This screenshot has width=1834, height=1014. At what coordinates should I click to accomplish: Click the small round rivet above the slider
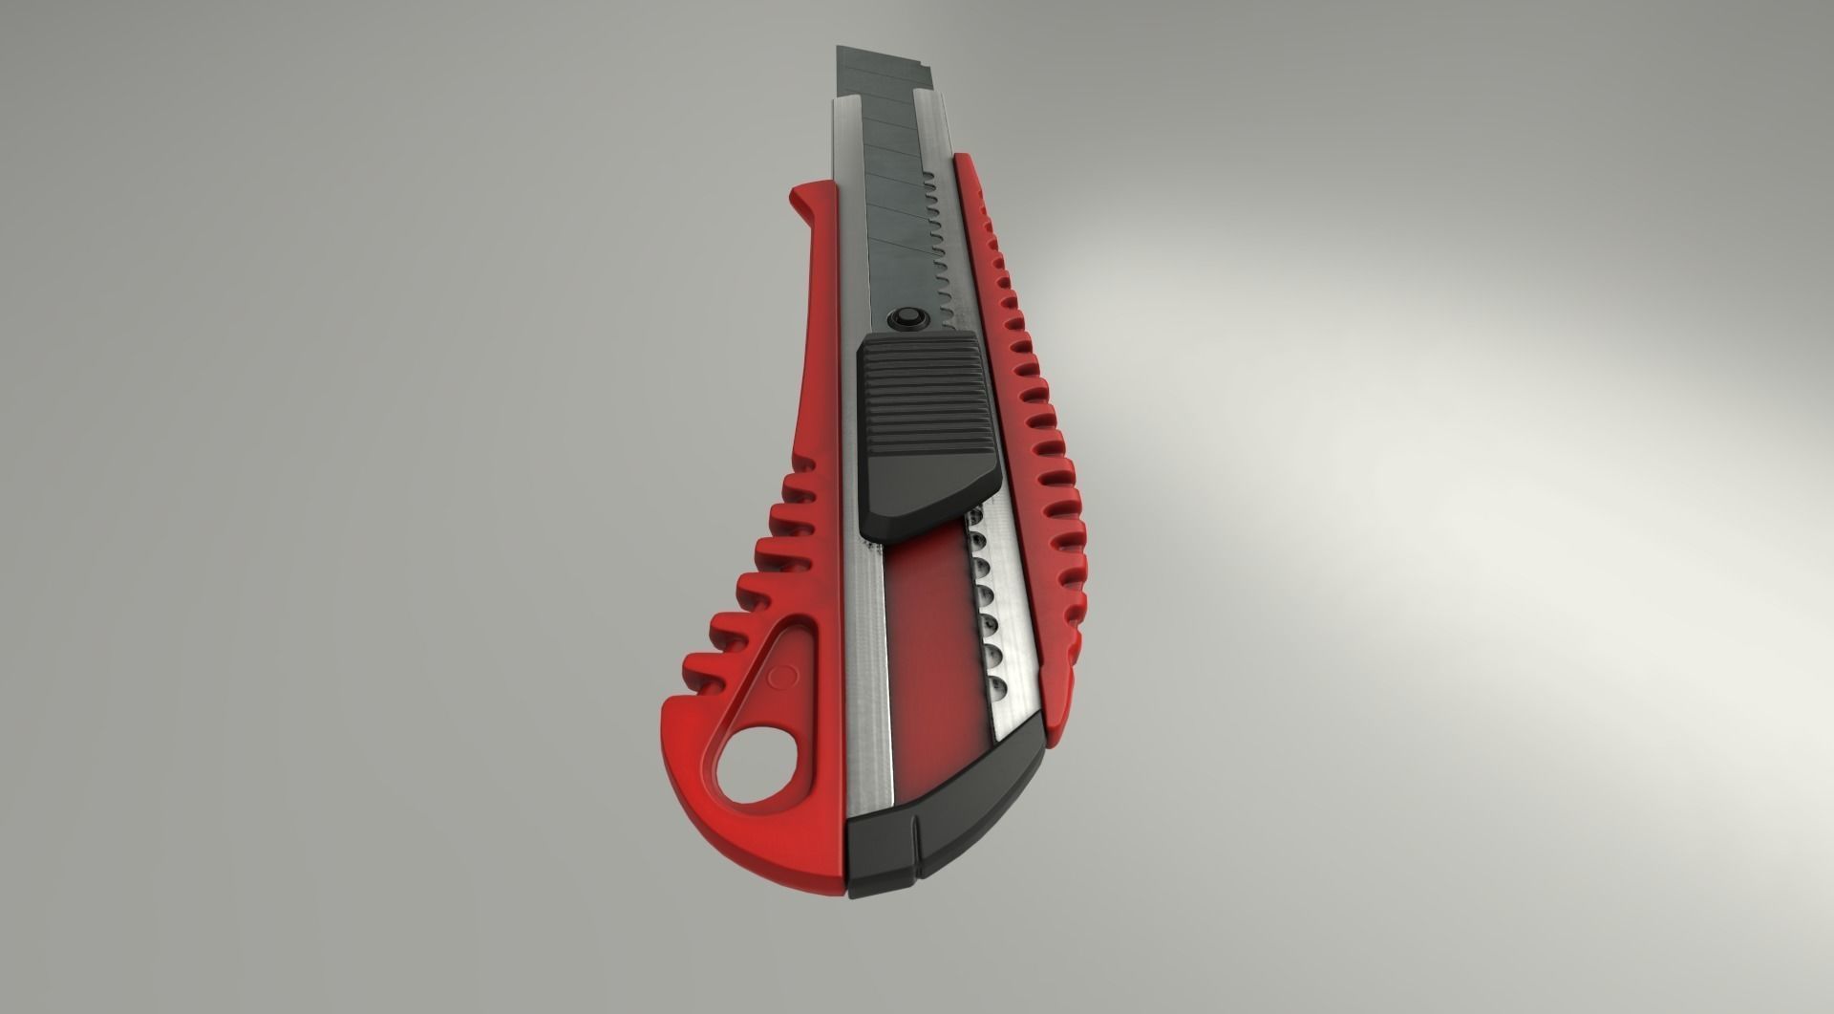[x=905, y=317]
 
